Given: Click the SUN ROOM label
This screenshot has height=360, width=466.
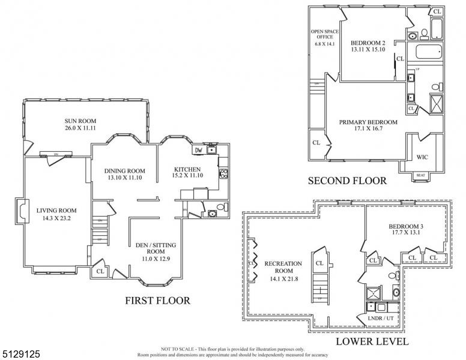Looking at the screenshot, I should coord(80,121).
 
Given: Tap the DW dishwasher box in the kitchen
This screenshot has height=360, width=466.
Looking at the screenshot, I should coord(198,151).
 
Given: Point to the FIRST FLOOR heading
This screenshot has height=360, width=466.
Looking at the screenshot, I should coord(157,300).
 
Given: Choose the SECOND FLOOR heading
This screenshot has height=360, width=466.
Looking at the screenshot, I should coord(347,180).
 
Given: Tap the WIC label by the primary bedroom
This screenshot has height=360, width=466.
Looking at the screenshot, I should coord(422,157).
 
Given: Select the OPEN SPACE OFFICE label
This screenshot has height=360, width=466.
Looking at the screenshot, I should coord(322,37).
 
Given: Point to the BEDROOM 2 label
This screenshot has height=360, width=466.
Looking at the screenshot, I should coord(368,42).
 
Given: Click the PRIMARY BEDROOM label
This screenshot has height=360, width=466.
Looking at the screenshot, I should coord(368,122).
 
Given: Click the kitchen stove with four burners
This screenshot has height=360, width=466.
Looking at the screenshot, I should coord(223,174).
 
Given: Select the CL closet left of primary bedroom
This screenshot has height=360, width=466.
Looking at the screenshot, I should coord(316,143).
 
